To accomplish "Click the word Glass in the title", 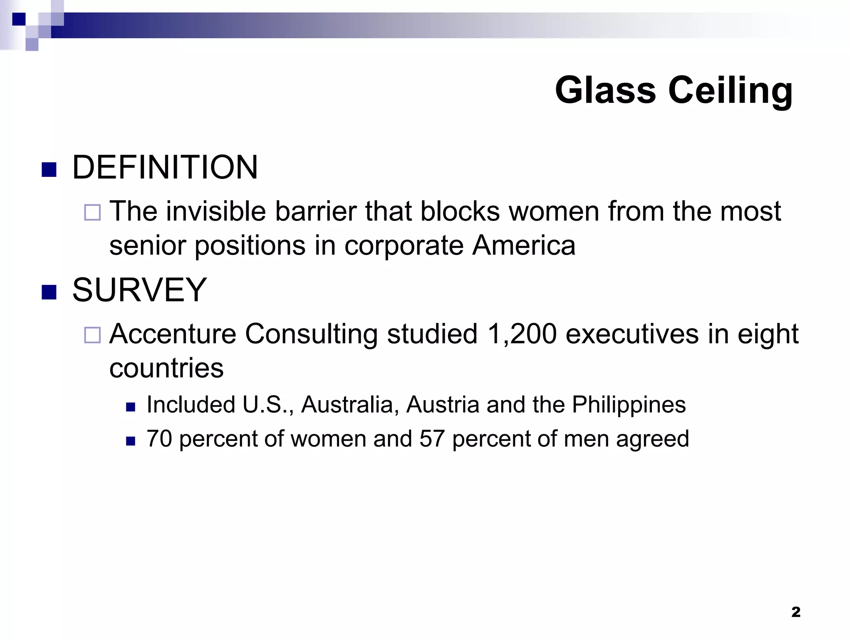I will coord(605,90).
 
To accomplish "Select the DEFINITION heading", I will coord(165,167).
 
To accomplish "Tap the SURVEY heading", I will coord(139,290).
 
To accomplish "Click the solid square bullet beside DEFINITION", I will coord(49,170).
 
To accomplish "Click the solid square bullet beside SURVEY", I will coord(49,292).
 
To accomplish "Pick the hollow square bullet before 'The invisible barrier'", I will coord(92,213).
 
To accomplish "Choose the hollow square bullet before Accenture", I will coord(92,335).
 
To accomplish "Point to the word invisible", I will coord(216,211).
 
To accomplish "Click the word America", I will coord(524,245).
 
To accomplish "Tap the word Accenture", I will coord(173,334).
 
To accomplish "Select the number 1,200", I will coord(522,334).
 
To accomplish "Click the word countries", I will coord(166,368).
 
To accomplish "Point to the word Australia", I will coord(347,404).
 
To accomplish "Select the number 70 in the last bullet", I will coord(159,439).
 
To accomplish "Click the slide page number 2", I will coord(795,612).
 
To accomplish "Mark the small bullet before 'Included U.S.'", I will coord(131,407).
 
